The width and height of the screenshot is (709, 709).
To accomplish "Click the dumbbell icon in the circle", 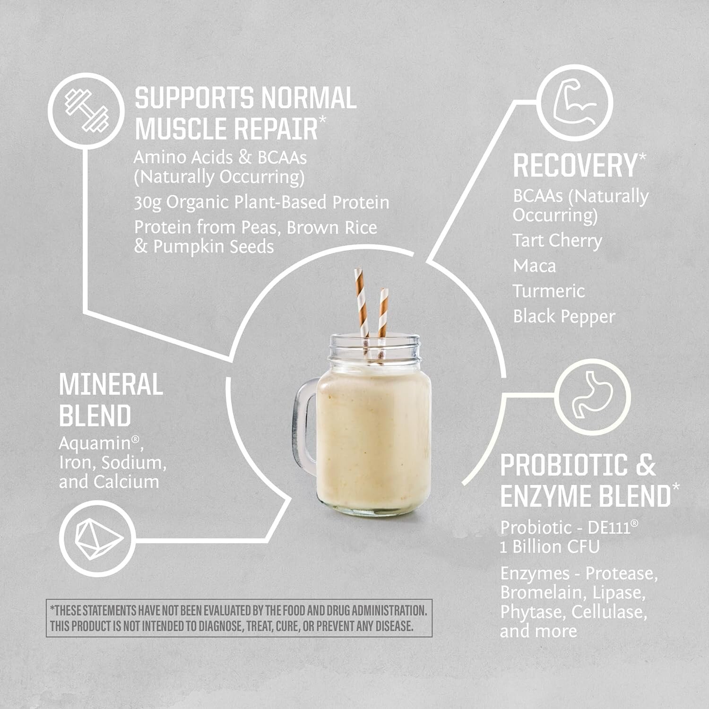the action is pyautogui.click(x=86, y=111).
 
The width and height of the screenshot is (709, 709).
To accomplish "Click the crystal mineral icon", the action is pyautogui.click(x=98, y=539).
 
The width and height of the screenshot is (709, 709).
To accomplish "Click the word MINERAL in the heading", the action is pyautogui.click(x=111, y=384).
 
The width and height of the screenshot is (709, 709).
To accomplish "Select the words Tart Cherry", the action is pyautogui.click(x=557, y=241).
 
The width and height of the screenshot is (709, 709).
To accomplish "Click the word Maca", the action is pyautogui.click(x=535, y=266).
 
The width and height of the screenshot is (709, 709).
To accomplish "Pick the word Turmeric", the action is pyautogui.click(x=549, y=291).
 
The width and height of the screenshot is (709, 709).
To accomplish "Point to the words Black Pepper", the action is pyautogui.click(x=564, y=317).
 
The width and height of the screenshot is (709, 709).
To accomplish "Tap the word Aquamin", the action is pyautogui.click(x=95, y=443).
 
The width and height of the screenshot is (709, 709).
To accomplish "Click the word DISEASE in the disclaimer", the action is pyautogui.click(x=394, y=626).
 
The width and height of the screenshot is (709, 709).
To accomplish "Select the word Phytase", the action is pyautogui.click(x=532, y=612).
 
